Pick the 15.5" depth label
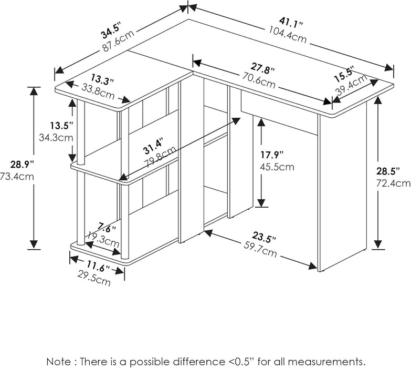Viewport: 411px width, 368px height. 345,74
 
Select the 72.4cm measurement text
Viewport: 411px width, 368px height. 393,183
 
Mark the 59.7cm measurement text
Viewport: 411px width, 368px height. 259,250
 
